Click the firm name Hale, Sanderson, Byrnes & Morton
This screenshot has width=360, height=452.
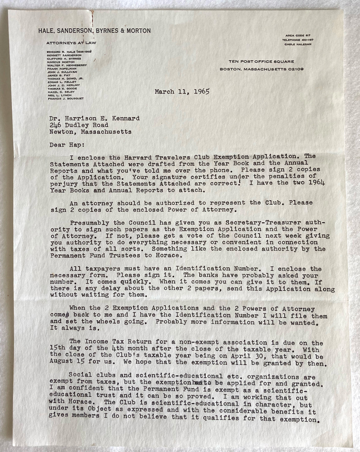(95, 31)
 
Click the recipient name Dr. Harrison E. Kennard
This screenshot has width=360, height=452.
(95, 118)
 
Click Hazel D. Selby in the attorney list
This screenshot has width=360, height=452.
(60, 92)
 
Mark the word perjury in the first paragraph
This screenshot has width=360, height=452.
(63, 184)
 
